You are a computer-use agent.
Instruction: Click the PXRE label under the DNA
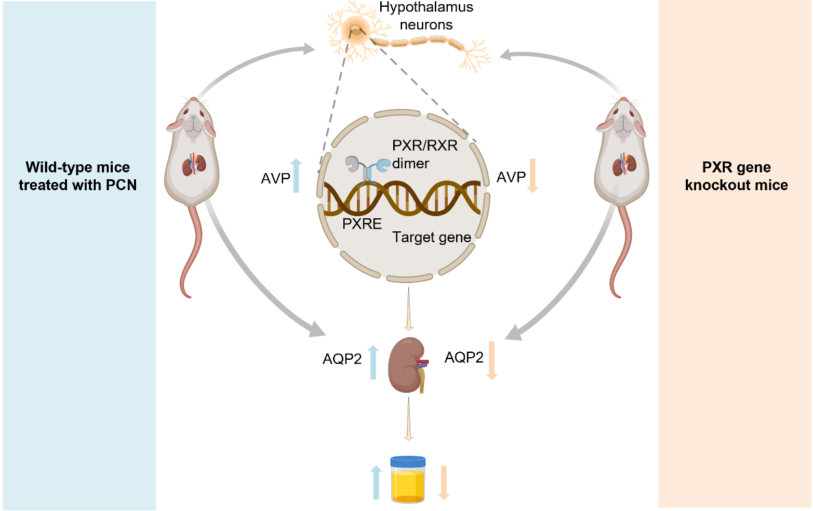[x=361, y=223]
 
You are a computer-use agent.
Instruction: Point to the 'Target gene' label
[x=431, y=237]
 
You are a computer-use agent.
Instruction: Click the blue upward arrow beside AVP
[x=295, y=176]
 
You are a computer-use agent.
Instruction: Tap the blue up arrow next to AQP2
[x=373, y=363]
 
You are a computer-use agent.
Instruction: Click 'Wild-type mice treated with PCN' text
[x=77, y=176]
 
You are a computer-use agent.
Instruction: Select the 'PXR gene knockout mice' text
[x=736, y=176]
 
